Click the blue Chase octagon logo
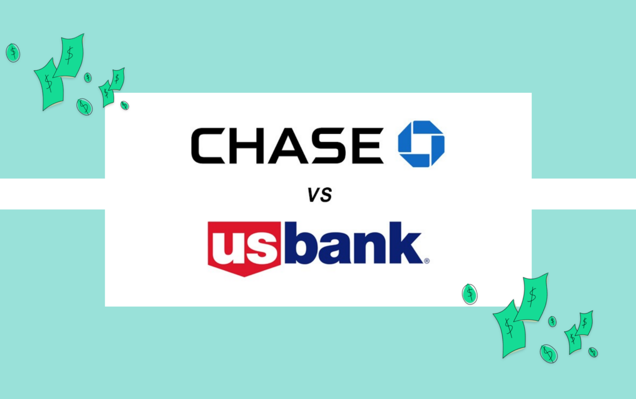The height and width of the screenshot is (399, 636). pos(421,144)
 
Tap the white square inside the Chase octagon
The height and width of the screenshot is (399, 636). pos(421,144)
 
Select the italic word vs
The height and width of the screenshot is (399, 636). pos(319,194)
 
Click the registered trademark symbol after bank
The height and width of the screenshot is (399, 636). pos(426,261)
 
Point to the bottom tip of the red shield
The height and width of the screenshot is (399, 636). pos(244,275)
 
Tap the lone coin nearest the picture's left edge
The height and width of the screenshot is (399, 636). pos(13,52)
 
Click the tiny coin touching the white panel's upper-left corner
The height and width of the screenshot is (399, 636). pos(124,105)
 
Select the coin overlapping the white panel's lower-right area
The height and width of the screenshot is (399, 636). pos(470,294)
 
